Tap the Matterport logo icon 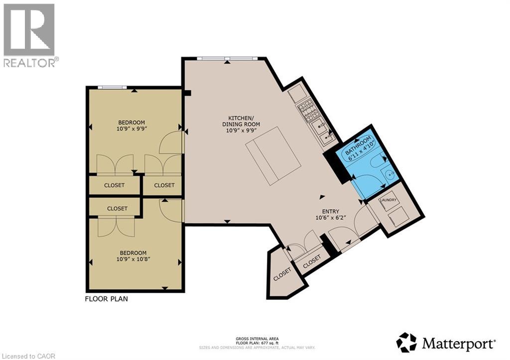[406, 343]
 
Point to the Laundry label [388, 200]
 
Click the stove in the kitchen [308, 112]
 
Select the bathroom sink [389, 174]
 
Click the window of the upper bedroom [112, 88]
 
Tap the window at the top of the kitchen [227, 58]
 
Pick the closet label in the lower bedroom [117, 209]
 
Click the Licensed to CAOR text [28, 356]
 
